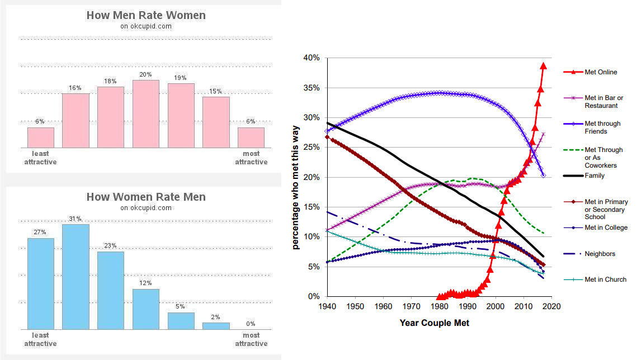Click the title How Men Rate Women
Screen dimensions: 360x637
[x=146, y=15]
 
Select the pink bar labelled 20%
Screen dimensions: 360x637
[x=146, y=113]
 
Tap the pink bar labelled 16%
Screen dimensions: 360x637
[x=76, y=120]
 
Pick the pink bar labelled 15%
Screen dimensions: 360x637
[x=216, y=122]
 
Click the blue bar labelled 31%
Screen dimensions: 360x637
[x=76, y=277]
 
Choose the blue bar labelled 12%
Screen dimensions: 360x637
[x=146, y=309]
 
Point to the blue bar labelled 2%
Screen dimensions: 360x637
[x=216, y=326]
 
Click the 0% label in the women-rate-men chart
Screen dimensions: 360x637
[x=251, y=324]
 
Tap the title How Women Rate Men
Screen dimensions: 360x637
[x=146, y=197]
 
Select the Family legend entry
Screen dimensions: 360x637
[x=594, y=176]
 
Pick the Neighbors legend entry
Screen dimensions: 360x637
[x=600, y=254]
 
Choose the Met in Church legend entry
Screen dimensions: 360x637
[x=606, y=280]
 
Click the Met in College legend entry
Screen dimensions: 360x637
[x=606, y=228]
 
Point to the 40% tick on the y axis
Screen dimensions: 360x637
[x=312, y=58]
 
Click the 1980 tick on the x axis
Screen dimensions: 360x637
[x=440, y=307]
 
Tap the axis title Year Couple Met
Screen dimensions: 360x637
[x=435, y=323]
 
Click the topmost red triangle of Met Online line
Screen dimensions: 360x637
[x=543, y=66]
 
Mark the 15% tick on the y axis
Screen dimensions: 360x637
[x=312, y=207]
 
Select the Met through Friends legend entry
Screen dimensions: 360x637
[x=603, y=127]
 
